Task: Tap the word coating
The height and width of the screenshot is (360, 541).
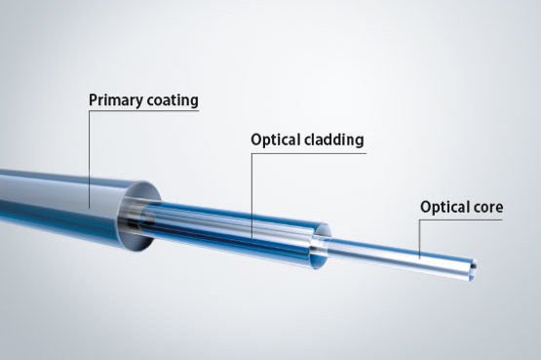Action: (173, 100)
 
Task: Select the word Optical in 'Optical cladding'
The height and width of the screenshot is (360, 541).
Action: (275, 140)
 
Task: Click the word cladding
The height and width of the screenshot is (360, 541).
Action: (333, 140)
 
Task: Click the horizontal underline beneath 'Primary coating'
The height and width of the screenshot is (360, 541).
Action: (144, 111)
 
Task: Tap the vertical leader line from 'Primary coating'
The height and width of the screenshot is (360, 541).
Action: (89, 160)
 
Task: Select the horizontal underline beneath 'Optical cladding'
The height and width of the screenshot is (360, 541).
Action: (308, 153)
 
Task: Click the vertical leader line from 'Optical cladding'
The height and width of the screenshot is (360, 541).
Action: (251, 196)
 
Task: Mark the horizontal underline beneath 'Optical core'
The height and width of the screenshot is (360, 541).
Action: (461, 220)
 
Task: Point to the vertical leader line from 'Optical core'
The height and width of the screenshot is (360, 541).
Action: (420, 239)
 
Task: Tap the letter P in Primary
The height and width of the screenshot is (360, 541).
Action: (94, 100)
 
